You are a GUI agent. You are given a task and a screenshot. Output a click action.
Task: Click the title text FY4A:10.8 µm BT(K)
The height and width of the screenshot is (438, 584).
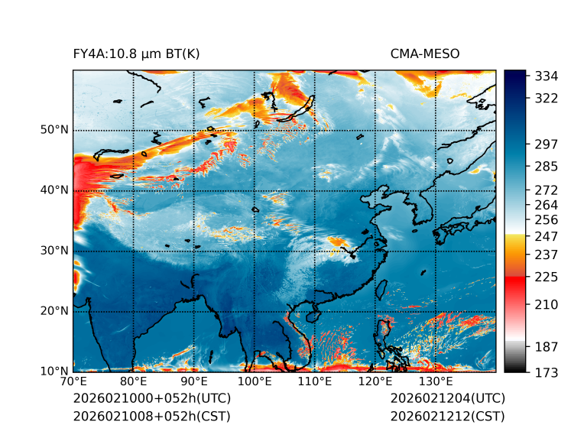136,54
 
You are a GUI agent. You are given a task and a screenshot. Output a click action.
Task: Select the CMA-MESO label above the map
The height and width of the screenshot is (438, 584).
425,54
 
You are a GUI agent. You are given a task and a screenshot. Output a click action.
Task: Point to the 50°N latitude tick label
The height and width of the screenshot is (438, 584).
54,130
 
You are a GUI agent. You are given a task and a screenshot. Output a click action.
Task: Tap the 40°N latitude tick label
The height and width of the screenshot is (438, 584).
54,190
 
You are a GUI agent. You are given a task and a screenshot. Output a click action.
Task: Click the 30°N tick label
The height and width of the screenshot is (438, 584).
54,251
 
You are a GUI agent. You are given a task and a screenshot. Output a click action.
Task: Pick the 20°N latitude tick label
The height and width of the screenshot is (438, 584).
54,311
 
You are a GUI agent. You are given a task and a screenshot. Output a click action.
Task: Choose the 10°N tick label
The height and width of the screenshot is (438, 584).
54,371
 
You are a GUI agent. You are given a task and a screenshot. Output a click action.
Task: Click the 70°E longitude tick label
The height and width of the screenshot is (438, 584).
73,382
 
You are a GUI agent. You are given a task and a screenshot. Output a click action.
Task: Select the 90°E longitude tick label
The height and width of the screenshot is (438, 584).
194,382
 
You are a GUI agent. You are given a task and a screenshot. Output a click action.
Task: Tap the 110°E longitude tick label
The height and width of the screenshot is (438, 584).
315,382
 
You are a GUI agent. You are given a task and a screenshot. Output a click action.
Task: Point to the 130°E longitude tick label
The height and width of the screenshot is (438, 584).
436,382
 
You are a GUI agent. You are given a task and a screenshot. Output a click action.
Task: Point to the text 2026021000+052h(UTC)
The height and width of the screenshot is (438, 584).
151,398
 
